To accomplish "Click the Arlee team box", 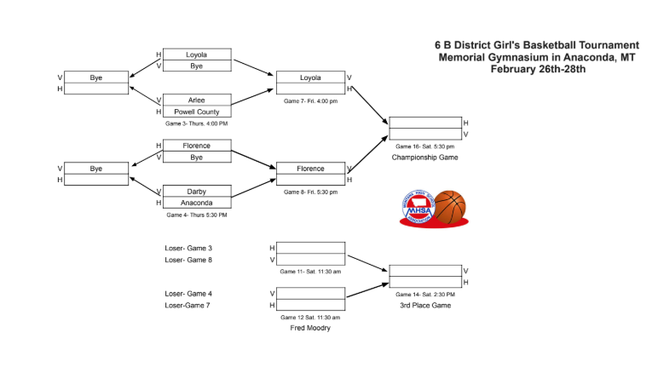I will tap(196, 100).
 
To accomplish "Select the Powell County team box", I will tap(196, 112).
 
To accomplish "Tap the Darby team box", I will tap(196, 192).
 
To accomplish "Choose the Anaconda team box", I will tap(196, 203).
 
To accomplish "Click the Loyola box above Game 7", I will tap(310, 77).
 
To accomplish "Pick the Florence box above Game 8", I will tap(310, 169).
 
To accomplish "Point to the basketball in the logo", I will tap(450, 206).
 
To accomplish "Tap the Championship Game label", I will tap(424, 158).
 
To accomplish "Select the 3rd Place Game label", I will tap(424, 305).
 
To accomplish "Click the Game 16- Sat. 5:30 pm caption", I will tap(424, 146).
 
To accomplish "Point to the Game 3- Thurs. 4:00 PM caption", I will tap(196, 123).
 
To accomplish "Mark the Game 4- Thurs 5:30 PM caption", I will tap(197, 215).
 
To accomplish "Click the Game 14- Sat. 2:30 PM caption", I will tap(424, 294).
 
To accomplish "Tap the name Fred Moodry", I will tap(310, 328).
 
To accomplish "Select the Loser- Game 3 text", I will tap(188, 248).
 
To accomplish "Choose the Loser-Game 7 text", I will tap(188, 305).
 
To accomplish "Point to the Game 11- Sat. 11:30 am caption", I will tap(310, 272).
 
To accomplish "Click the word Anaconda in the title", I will tap(589, 57).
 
